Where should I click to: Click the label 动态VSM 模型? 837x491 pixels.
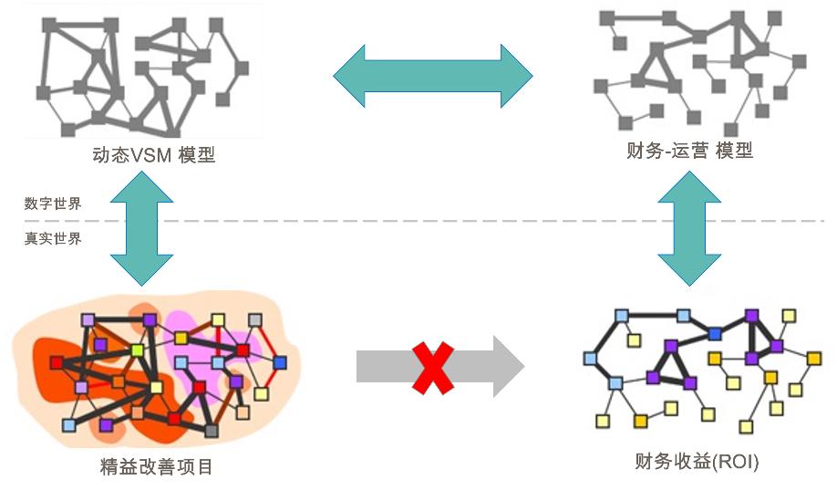click(153, 154)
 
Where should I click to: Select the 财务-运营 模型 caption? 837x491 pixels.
click(689, 151)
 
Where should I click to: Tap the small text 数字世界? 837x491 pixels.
click(53, 204)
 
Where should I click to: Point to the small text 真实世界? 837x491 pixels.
click(53, 238)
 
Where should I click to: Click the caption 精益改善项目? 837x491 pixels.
click(157, 467)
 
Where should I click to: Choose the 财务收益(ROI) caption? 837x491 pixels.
click(696, 462)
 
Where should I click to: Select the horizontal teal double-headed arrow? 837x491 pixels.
click(432, 76)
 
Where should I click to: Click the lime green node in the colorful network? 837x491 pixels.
click(137, 350)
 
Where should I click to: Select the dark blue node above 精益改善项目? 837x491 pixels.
click(280, 362)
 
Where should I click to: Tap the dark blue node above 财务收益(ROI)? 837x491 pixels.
click(716, 334)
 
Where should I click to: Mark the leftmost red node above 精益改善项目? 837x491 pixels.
click(57, 362)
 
